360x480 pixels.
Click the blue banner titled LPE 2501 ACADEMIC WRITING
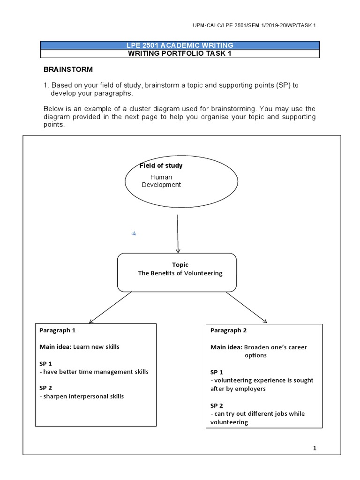[x=180, y=45]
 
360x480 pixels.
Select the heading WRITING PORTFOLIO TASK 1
[x=180, y=53]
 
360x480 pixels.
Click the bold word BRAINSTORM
[x=68, y=69]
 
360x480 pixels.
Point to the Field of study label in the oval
[x=161, y=165]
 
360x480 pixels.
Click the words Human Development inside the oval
[x=161, y=181]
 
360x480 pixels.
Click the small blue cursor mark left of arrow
[x=134, y=233]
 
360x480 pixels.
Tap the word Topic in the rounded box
[x=180, y=265]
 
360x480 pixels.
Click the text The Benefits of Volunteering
[x=180, y=273]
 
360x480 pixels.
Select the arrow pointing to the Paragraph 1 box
[x=110, y=307]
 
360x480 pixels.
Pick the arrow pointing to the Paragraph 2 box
[x=246, y=307]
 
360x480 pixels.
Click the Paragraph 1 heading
[x=57, y=330]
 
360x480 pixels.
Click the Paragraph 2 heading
[x=229, y=330]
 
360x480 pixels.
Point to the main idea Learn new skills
[x=96, y=347]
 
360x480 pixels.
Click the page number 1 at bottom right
[x=315, y=449]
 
